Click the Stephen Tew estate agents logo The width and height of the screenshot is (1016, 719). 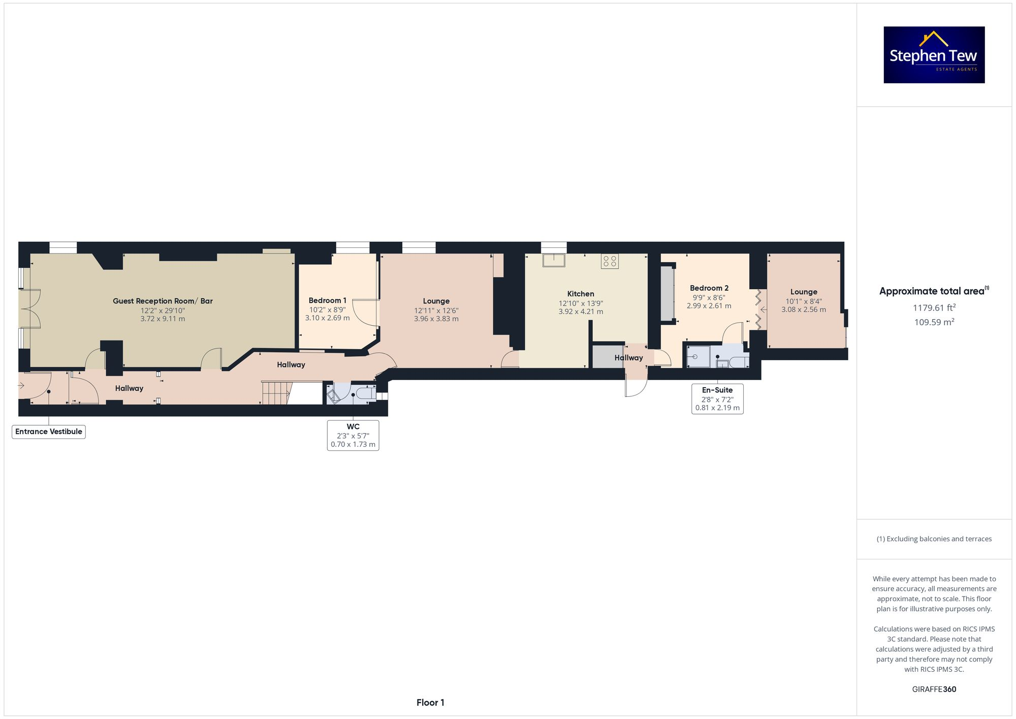[934, 55]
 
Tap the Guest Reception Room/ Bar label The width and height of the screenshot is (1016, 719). [163, 301]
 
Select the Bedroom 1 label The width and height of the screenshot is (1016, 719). [327, 300]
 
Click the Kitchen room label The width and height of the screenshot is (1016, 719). [581, 294]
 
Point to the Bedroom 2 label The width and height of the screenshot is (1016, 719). [709, 288]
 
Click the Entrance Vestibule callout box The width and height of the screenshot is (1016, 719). [49, 432]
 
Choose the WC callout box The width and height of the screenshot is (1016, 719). [353, 435]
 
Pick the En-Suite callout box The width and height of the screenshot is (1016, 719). [717, 399]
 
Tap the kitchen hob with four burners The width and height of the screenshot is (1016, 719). [610, 261]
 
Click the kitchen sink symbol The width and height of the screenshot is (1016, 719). [554, 260]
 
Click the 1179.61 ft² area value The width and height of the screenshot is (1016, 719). [934, 308]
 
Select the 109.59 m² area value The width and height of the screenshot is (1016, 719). [934, 322]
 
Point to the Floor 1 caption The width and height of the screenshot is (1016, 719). [430, 703]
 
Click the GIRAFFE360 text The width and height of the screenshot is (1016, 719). [934, 690]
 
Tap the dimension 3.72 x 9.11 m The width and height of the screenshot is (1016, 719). [163, 319]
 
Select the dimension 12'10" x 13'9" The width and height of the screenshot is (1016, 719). [581, 303]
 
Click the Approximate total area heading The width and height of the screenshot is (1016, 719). [934, 291]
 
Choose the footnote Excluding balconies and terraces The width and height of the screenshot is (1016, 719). [934, 539]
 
